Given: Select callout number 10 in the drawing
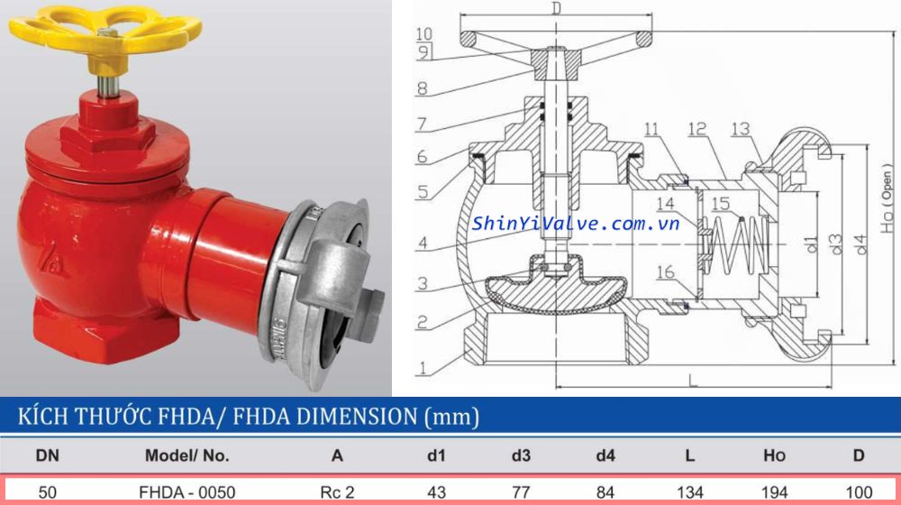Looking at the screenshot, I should click(423, 34).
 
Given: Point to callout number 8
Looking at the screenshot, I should click(423, 89).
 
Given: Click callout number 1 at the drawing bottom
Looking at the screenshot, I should click(422, 368).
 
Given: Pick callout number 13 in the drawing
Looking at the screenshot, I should click(741, 129).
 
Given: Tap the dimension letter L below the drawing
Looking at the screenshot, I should click(692, 380).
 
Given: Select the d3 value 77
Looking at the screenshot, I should click(521, 492).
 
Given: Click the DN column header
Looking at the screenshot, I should click(46, 455).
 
